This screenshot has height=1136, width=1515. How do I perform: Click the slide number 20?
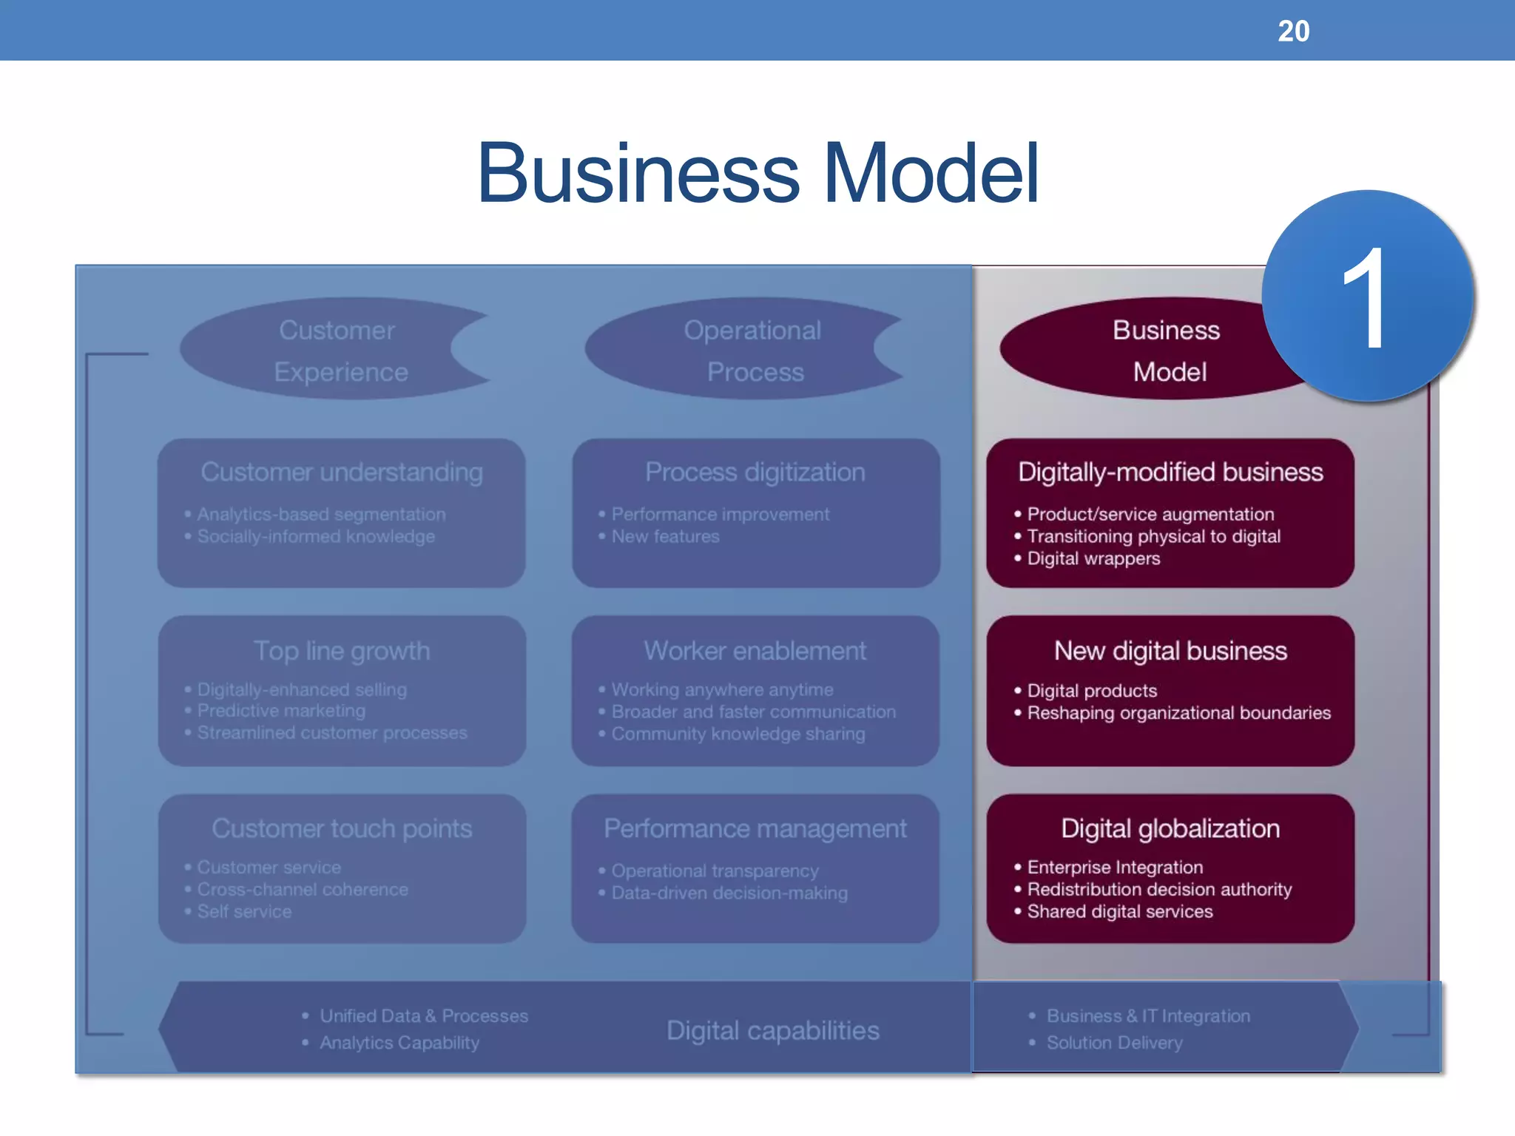point(1293,31)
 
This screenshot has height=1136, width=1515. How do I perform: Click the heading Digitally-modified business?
point(1170,472)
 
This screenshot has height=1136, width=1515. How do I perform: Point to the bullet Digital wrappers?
point(1093,558)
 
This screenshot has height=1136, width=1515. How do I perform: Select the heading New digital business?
point(1170,651)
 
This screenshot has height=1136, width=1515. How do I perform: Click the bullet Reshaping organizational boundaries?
point(1178,713)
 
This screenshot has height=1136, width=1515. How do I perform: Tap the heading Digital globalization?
point(1170,828)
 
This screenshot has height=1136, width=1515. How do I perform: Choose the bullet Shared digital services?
point(1120,911)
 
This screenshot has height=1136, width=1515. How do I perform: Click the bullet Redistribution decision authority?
point(1159,889)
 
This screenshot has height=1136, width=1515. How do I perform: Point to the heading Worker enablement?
point(755,651)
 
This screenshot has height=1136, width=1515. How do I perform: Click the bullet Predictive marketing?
point(281,711)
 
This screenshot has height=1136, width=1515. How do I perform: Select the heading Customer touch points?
point(342,828)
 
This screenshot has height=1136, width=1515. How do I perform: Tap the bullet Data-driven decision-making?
point(729,893)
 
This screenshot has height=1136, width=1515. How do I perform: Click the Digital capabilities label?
point(772,1030)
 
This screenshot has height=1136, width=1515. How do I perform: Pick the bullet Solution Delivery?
point(1114,1043)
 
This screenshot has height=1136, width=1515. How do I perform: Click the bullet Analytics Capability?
point(399,1043)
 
